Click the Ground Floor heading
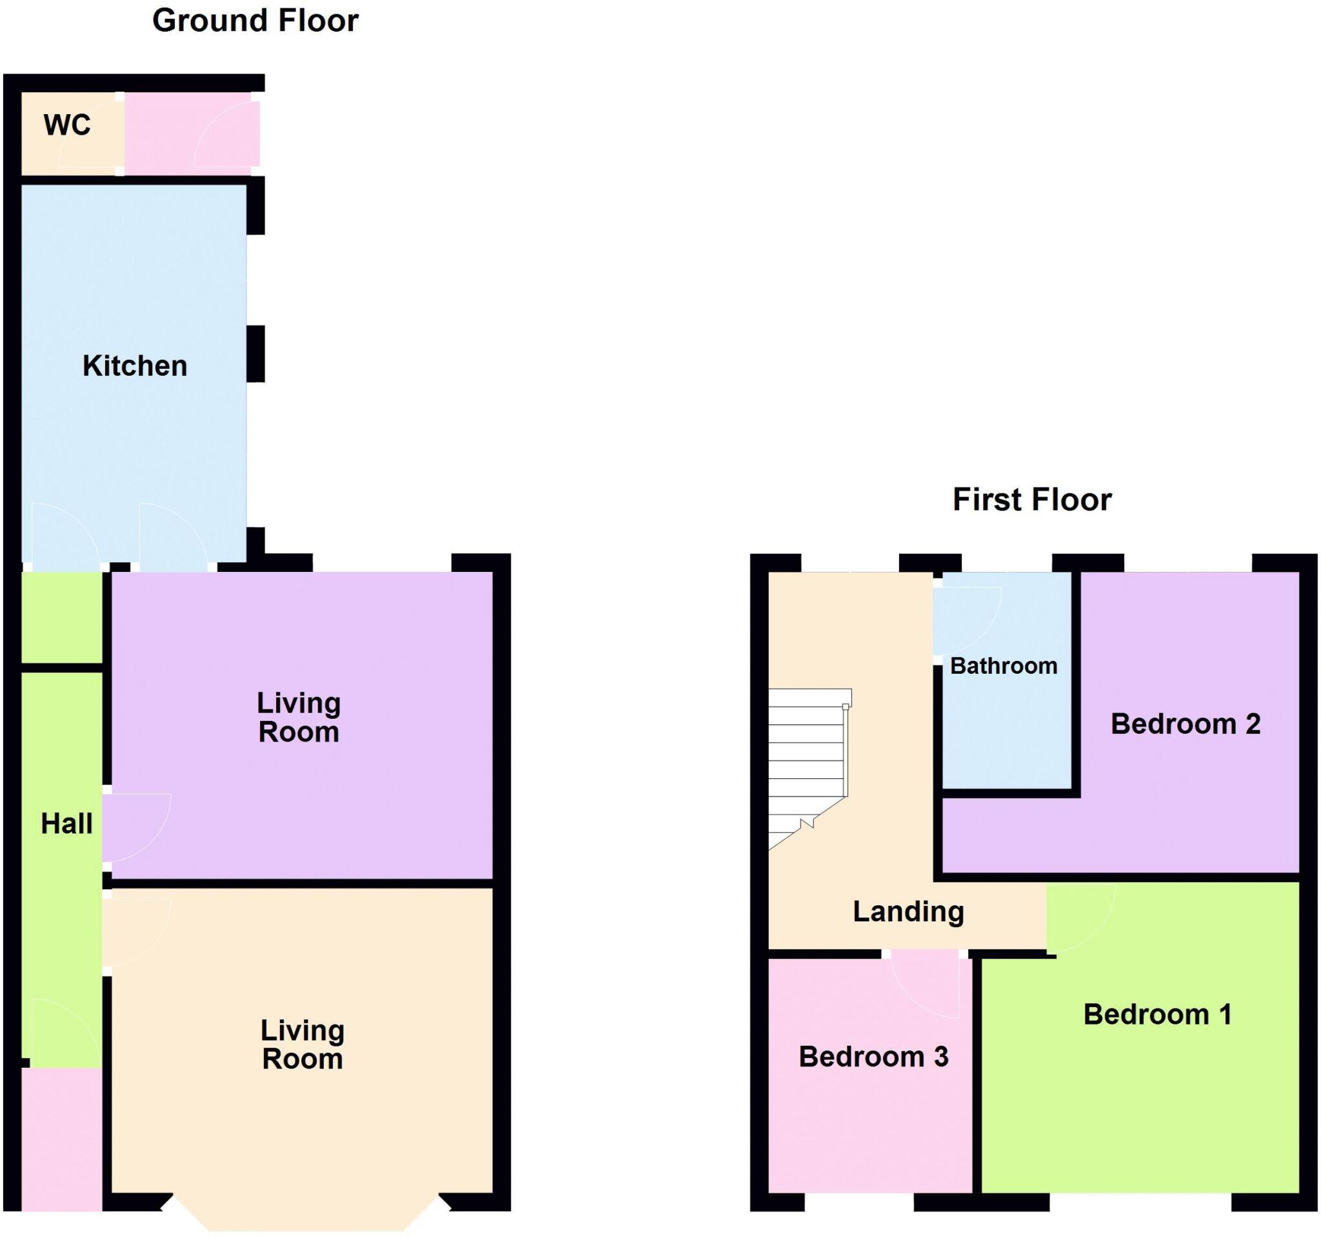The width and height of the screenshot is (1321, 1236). click(x=255, y=21)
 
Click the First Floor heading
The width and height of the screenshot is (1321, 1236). click(x=1031, y=500)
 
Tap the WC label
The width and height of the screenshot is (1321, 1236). click(x=67, y=125)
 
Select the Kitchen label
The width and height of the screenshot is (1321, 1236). click(x=135, y=366)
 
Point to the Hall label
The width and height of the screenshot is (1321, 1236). click(x=66, y=823)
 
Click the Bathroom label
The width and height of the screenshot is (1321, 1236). click(x=1004, y=665)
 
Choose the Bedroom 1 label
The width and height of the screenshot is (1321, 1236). click(x=1158, y=1014)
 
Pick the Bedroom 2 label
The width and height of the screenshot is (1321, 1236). click(x=1186, y=723)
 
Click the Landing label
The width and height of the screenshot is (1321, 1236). click(x=908, y=911)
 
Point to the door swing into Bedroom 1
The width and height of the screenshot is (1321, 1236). click(x=1077, y=917)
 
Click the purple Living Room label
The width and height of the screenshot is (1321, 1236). click(x=299, y=717)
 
